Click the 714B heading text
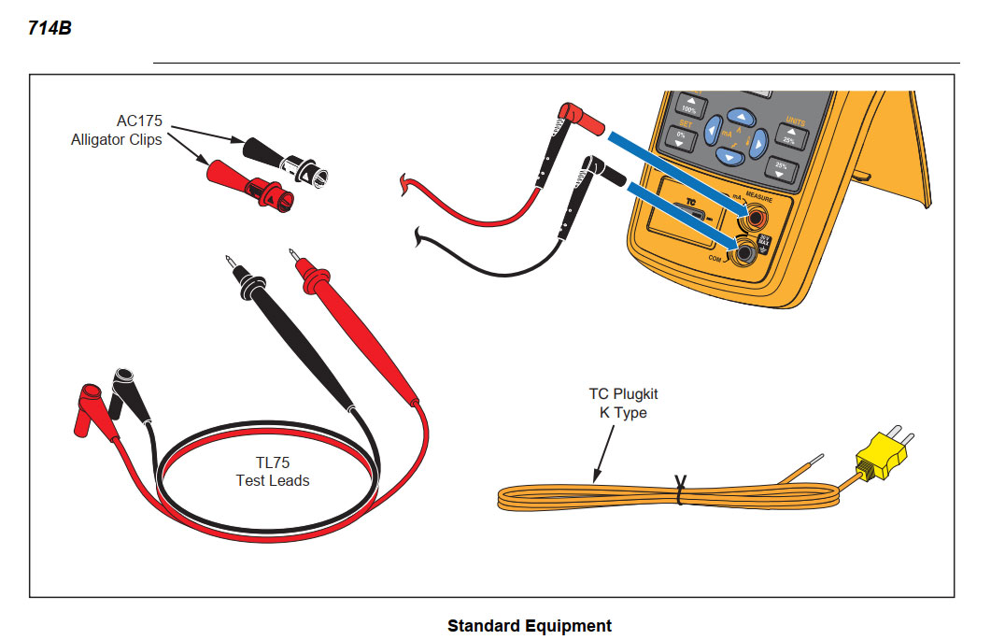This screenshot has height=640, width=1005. point(50,29)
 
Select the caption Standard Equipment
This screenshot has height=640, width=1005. point(529,626)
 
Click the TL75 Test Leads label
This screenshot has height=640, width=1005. point(272,472)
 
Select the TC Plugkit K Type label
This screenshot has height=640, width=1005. point(623,404)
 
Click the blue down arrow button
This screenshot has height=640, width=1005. point(731,156)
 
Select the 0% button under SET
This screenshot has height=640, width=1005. point(679,140)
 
